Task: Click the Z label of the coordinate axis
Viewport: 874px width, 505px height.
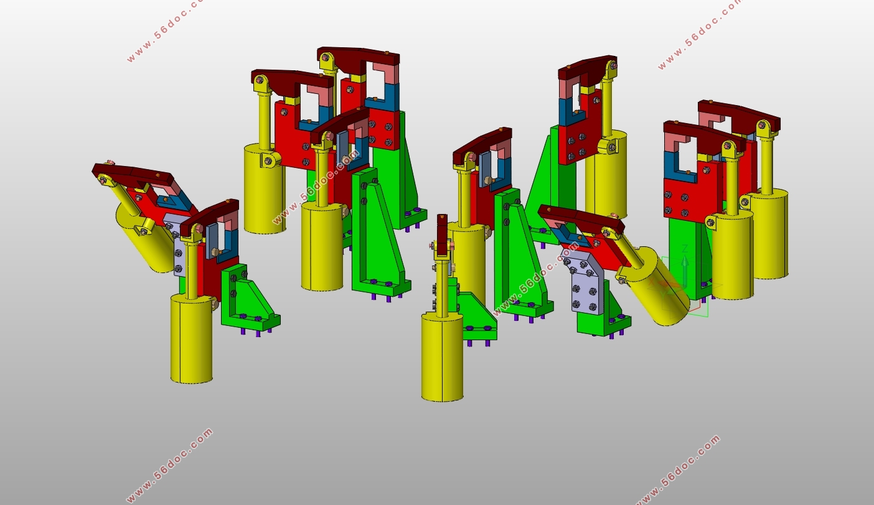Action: pyautogui.click(x=685, y=249)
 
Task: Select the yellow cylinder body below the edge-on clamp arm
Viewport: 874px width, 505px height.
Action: pyautogui.click(x=443, y=357)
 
